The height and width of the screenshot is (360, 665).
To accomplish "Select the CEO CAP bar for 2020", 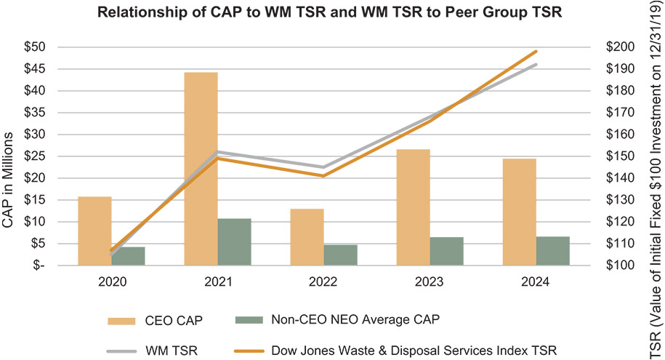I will pos(94,231).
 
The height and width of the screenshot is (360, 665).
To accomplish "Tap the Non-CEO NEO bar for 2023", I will pos(446,251).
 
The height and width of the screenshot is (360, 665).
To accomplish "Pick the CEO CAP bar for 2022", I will pos(307,237).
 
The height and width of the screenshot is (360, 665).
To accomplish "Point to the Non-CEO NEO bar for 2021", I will pos(234,241).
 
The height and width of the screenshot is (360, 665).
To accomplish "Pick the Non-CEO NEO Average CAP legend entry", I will pos(337,319).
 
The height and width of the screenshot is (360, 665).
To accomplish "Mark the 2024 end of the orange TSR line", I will pos(536,52).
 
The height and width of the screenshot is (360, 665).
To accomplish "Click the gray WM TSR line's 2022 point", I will pos(323,167).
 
